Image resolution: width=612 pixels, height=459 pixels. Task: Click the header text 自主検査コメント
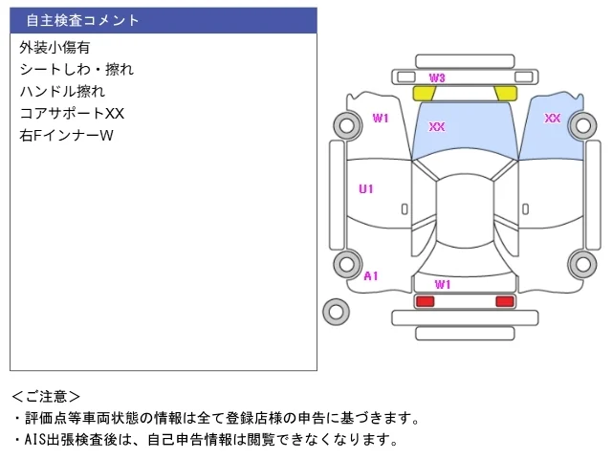pyautogui.click(x=82, y=20)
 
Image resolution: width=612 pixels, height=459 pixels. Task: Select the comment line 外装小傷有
pyautogui.click(x=55, y=47)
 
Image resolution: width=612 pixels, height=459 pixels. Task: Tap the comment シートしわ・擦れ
pyautogui.click(x=76, y=70)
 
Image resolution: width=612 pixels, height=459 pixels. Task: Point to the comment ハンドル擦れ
pyautogui.click(x=62, y=92)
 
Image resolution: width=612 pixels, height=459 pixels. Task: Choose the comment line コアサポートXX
pyautogui.click(x=72, y=113)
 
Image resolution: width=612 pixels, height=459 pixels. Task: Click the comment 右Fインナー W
pyautogui.click(x=66, y=136)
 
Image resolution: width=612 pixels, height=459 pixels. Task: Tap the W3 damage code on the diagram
pyautogui.click(x=437, y=78)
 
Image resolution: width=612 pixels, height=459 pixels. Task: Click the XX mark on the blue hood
pyautogui.click(x=437, y=126)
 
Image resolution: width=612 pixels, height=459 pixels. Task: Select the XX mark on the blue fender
pyautogui.click(x=553, y=118)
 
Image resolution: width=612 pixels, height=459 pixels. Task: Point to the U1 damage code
pyautogui.click(x=366, y=189)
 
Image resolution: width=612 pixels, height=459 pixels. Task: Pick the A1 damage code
pyautogui.click(x=371, y=276)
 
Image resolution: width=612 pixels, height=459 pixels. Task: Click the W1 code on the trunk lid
pyautogui.click(x=443, y=285)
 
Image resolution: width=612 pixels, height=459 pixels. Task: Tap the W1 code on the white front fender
pyautogui.click(x=381, y=118)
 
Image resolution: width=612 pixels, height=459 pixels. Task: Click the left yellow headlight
pyautogui.click(x=425, y=94)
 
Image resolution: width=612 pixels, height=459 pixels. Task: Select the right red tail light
pyautogui.click(x=505, y=301)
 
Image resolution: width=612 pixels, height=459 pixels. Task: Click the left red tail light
pyautogui.click(x=425, y=301)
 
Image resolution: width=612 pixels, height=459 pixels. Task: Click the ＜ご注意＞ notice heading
pyautogui.click(x=46, y=397)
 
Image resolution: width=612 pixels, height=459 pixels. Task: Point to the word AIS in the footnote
pyautogui.click(x=35, y=440)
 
